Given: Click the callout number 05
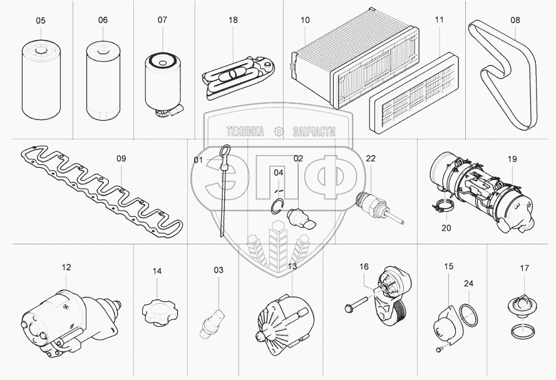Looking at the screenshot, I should tap(41, 21).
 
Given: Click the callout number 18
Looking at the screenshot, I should tap(233, 21).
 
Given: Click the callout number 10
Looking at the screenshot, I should tap(305, 21).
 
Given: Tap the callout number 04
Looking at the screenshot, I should tap(279, 172).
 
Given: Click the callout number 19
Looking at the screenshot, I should tap(512, 159).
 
